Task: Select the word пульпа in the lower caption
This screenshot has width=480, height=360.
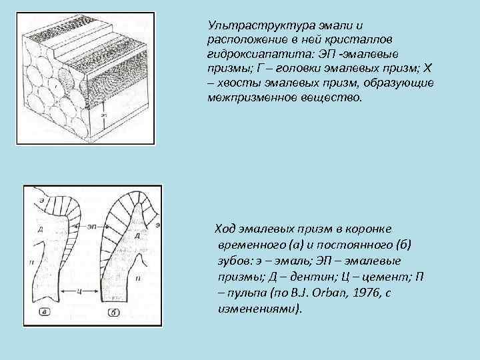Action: coord(247,295)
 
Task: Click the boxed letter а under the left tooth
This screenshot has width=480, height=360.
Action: coord(43,311)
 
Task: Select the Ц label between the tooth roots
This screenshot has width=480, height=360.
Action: coord(79,291)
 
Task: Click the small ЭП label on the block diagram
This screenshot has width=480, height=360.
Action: coord(103,115)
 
